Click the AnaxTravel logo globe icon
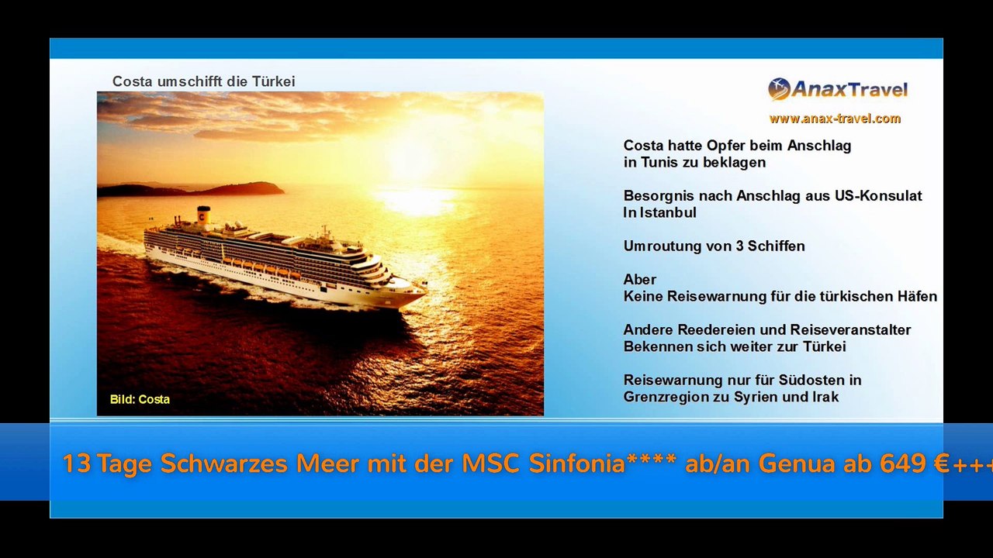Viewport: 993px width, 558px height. (x=779, y=89)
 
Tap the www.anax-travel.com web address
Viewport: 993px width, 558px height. (x=835, y=119)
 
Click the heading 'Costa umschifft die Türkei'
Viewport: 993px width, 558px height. (x=203, y=81)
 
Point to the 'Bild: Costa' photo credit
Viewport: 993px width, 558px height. (x=140, y=399)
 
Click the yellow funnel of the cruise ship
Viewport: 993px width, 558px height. (x=203, y=215)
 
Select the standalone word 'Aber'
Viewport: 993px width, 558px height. (x=640, y=280)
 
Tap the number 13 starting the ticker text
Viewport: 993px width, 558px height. (x=77, y=463)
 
